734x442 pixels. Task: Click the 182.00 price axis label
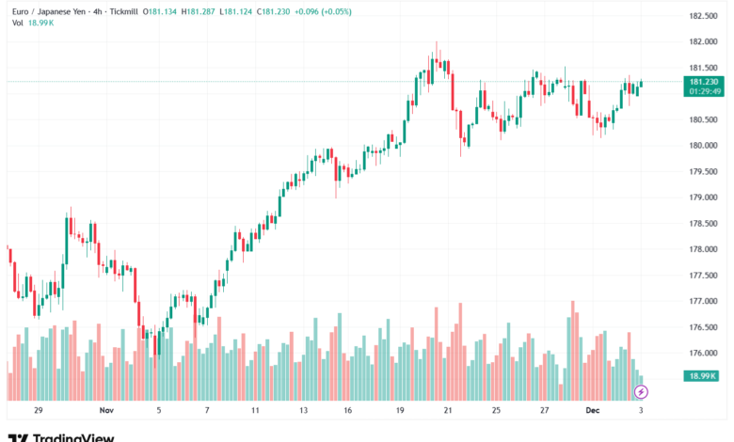click(703, 41)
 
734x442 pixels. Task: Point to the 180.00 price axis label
click(703, 146)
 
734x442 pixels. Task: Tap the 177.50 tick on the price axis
click(703, 276)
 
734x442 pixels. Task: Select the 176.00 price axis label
click(703, 354)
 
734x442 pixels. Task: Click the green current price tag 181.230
click(703, 82)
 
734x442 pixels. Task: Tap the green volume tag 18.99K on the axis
click(703, 375)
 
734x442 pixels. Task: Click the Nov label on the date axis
click(105, 411)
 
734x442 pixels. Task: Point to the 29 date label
click(39, 411)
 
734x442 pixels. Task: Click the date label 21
click(448, 411)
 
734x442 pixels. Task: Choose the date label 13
click(303, 411)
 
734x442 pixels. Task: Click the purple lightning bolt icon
click(642, 391)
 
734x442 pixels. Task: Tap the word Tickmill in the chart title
click(117, 10)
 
